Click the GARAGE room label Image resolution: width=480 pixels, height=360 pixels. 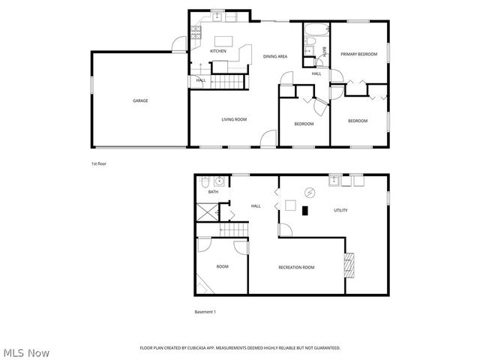[140, 100]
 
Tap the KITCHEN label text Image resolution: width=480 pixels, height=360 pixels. [218, 51]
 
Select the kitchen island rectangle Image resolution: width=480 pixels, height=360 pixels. [223, 40]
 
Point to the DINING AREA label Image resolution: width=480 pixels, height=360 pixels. [275, 56]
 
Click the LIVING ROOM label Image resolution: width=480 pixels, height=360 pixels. [234, 119]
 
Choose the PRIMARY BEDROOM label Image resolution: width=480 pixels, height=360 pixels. [358, 54]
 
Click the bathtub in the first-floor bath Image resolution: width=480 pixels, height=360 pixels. [313, 32]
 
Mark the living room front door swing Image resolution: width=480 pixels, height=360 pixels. [268, 138]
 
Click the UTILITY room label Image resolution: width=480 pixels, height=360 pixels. [340, 211]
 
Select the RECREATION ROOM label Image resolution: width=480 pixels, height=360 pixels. [296, 267]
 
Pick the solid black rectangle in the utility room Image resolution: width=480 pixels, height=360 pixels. [304, 211]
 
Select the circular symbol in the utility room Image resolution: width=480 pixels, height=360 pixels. [309, 192]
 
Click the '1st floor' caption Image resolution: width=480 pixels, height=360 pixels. [100, 163]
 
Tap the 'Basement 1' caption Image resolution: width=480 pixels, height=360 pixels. [205, 311]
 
